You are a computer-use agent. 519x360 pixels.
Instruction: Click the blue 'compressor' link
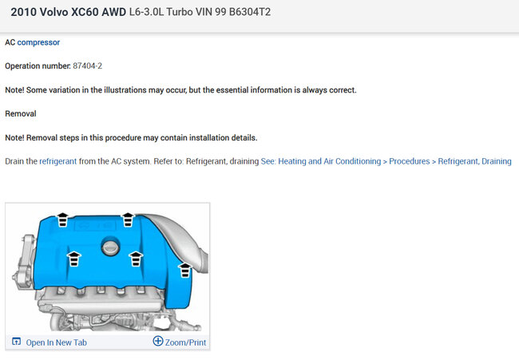click(38, 42)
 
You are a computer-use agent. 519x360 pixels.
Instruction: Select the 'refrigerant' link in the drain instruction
click(58, 161)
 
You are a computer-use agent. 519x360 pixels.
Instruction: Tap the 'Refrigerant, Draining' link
click(474, 161)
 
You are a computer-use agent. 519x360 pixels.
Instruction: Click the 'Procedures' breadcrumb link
click(409, 161)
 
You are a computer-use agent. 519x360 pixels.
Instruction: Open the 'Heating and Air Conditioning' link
click(329, 161)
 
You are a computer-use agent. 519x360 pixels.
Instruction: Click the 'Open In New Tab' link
click(56, 342)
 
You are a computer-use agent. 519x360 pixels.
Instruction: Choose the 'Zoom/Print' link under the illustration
click(185, 342)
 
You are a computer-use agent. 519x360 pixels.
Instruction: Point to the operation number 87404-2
click(87, 65)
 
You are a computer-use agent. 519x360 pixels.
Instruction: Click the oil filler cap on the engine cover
click(110, 247)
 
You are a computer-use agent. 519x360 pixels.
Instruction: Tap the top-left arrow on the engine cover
click(62, 220)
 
